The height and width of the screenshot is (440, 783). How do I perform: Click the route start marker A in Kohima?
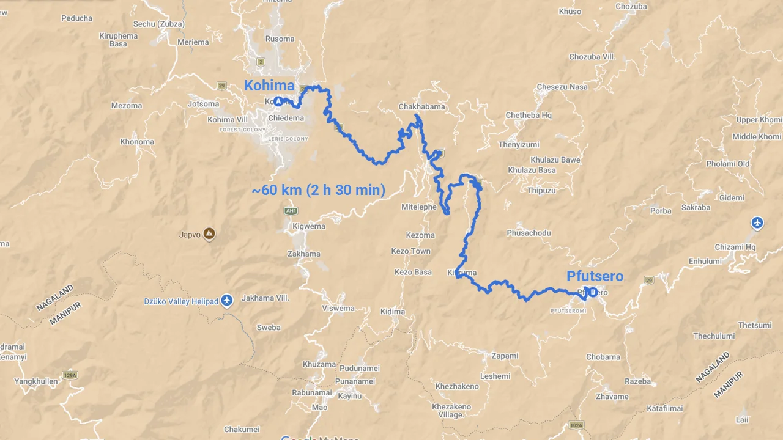(x=278, y=101)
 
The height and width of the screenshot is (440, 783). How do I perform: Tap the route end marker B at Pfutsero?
(x=592, y=292)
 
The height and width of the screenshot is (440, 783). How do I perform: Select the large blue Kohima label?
(x=269, y=86)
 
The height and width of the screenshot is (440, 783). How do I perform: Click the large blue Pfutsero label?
(x=595, y=276)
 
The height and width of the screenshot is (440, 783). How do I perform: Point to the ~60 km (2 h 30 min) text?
(x=319, y=190)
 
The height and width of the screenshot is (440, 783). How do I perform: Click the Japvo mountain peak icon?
(x=209, y=233)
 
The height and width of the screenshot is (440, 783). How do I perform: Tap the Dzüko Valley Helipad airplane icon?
(x=227, y=301)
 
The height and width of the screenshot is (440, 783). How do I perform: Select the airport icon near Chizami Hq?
(x=757, y=222)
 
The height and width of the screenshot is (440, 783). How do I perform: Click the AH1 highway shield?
(x=291, y=211)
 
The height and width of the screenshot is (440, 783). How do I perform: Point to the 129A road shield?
(x=70, y=375)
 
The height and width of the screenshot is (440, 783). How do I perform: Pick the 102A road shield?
(x=576, y=425)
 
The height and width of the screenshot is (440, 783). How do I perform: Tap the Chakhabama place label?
(x=421, y=106)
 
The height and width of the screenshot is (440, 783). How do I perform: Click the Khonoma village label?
(x=137, y=142)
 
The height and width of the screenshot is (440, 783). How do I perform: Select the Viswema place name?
(x=338, y=308)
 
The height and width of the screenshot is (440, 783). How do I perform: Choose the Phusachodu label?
(x=529, y=233)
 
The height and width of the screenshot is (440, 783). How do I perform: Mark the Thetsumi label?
(x=755, y=325)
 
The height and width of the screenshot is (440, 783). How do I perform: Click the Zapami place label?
(x=505, y=356)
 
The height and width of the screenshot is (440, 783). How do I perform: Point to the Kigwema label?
(x=309, y=226)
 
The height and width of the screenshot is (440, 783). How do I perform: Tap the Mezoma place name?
(x=127, y=106)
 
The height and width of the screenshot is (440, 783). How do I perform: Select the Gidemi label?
(x=732, y=198)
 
